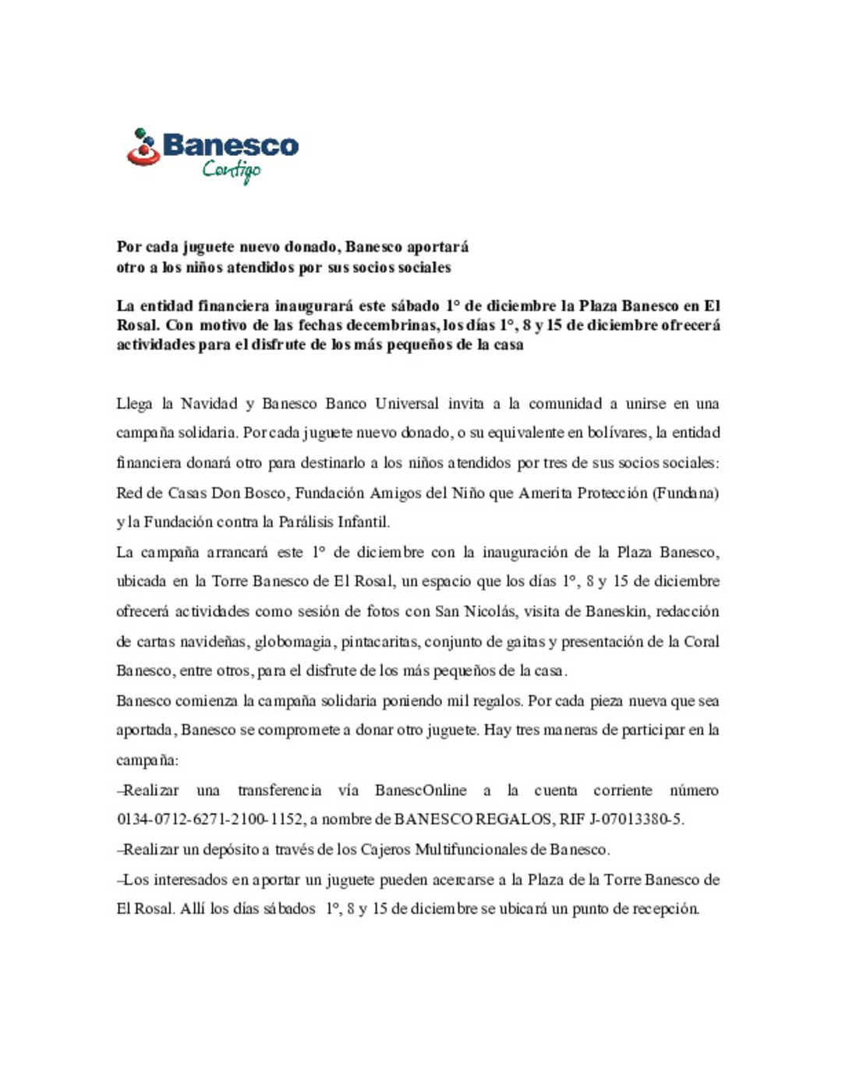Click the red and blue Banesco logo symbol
pyautogui.click(x=143, y=147)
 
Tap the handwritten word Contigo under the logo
pyautogui.click(x=232, y=170)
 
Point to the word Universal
pyautogui.click(x=407, y=404)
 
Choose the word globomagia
pyautogui.click(x=295, y=642)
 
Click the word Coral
pyautogui.click(x=701, y=642)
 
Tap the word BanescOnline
pyautogui.click(x=420, y=791)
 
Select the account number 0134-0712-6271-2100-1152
pyautogui.click(x=210, y=819)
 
